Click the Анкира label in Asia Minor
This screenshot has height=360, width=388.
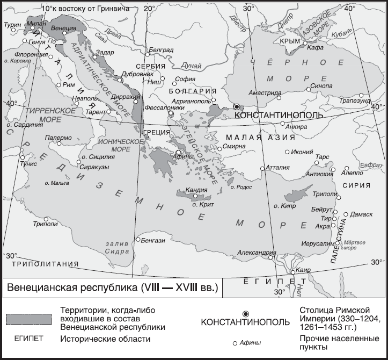297,127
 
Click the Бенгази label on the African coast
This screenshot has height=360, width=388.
154,240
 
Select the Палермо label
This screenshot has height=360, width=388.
58,138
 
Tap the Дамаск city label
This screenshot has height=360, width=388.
361,214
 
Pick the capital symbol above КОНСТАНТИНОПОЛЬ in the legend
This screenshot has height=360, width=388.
246,313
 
